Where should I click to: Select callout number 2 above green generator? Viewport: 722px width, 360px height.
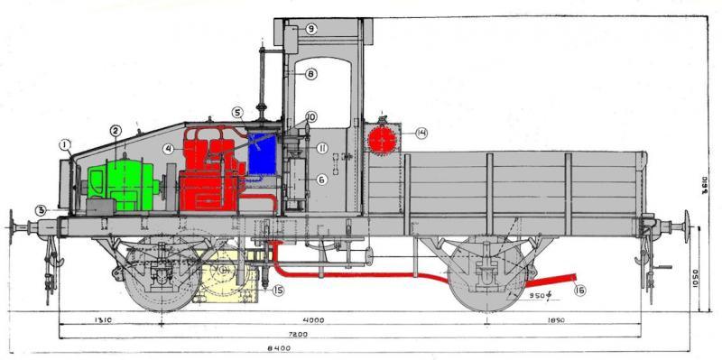(116, 131)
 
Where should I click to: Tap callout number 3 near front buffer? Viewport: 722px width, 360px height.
(41, 211)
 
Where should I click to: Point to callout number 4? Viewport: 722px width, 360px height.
(169, 149)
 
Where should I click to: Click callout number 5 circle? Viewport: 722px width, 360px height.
(237, 114)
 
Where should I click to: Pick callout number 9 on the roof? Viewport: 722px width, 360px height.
(310, 29)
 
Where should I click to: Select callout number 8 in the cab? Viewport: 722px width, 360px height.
(310, 74)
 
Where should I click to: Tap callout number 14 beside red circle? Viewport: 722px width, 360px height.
(422, 134)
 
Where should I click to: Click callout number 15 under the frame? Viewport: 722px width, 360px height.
(278, 290)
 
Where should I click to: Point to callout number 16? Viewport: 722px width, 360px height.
(579, 290)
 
